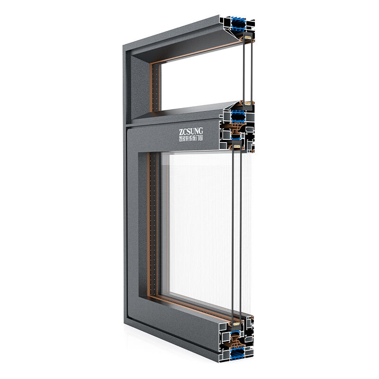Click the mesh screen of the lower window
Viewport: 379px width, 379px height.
tap(199, 227)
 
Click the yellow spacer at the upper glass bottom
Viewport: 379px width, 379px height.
tap(246, 102)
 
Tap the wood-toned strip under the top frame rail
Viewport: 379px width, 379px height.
tap(199, 54)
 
